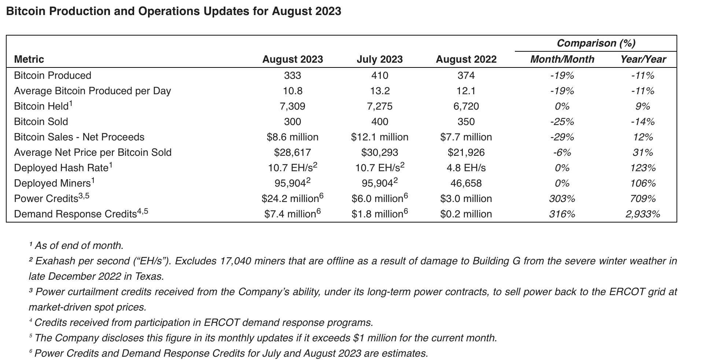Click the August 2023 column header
(x=292, y=59)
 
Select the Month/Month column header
(x=562, y=59)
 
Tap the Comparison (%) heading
(x=596, y=43)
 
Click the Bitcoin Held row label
(x=41, y=106)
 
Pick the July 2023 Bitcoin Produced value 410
(x=379, y=76)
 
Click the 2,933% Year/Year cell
(x=642, y=214)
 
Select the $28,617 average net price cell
(x=292, y=153)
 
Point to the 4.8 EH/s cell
(x=466, y=168)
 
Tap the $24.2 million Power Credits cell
(x=292, y=199)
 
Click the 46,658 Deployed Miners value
(x=466, y=183)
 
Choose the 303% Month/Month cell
(x=562, y=199)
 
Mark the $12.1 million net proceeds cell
(x=379, y=137)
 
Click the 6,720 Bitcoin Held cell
(x=466, y=106)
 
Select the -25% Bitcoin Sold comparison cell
(x=562, y=122)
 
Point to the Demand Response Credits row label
(x=75, y=214)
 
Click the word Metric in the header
(x=29, y=59)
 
